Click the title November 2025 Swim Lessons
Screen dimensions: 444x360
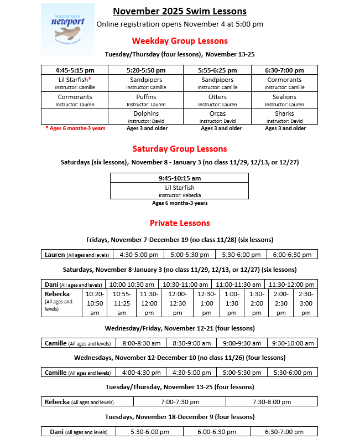pos(179,11)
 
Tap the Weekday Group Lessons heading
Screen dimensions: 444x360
pos(180,40)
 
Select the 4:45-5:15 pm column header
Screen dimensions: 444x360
pos(75,70)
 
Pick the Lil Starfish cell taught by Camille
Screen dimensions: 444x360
pos(75,83)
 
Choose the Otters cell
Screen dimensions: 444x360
pos(217,100)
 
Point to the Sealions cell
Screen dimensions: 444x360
pos(284,100)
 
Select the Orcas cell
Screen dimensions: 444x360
pos(217,116)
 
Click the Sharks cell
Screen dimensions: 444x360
pos(284,116)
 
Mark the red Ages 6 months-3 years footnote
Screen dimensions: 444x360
pos(75,128)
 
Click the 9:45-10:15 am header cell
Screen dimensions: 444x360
pos(179,178)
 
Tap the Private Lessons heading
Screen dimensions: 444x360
pos(180,223)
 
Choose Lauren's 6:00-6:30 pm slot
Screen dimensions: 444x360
pos(292,255)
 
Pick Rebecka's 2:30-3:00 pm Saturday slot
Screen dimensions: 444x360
pos(305,303)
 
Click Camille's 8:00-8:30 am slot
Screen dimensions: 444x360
pos(139,343)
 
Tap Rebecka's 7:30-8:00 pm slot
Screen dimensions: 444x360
pos(272,402)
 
